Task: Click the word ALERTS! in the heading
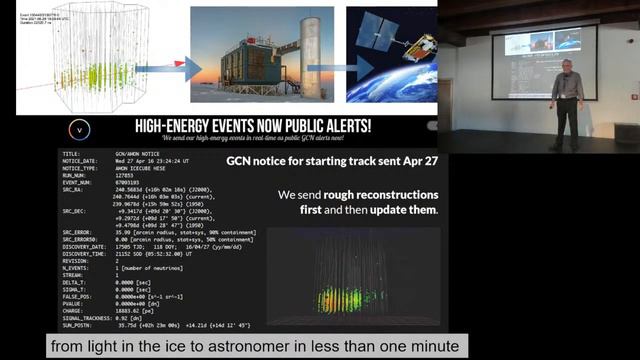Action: [x=343, y=126]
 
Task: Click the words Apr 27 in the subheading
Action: [x=419, y=159]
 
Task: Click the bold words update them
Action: [x=410, y=210]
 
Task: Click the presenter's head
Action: [x=567, y=67]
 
